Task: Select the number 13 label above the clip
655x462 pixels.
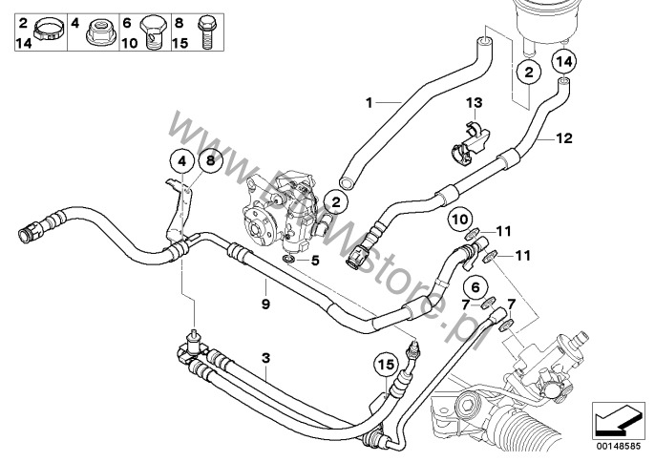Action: coord(475,102)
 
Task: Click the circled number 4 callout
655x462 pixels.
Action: coord(179,160)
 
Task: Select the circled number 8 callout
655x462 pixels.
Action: coord(210,160)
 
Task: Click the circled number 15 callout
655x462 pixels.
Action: coord(385,365)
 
